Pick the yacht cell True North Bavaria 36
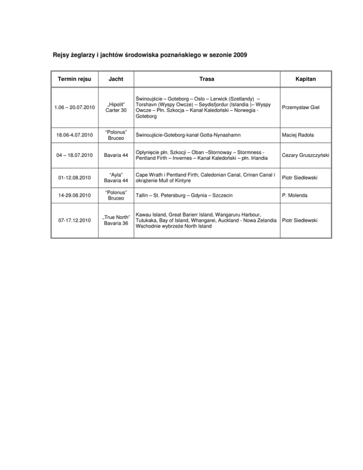115,220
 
